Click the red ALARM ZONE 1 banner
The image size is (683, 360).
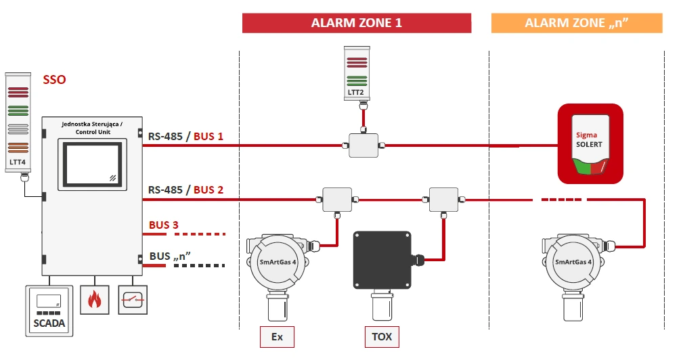coord(357,23)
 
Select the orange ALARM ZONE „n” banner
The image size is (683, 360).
coord(577,23)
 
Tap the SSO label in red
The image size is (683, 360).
coord(54,80)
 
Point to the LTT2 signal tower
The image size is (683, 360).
coord(357,78)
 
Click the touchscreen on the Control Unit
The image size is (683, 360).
coord(92,164)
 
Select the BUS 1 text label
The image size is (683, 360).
coord(208,136)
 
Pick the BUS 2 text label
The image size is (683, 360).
coord(208,189)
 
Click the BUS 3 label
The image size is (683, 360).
coord(164,225)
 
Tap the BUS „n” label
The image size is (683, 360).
coord(171,256)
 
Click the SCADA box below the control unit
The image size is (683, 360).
coord(49,311)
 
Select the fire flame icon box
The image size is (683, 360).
coord(95,300)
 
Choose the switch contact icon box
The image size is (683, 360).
coord(133,300)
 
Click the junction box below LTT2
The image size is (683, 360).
coord(363,145)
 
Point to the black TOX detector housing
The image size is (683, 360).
coord(382,260)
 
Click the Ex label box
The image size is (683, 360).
coord(277,337)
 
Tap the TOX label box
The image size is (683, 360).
coord(382,337)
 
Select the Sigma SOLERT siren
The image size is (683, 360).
coord(591,143)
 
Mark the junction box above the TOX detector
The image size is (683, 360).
coord(443,200)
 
